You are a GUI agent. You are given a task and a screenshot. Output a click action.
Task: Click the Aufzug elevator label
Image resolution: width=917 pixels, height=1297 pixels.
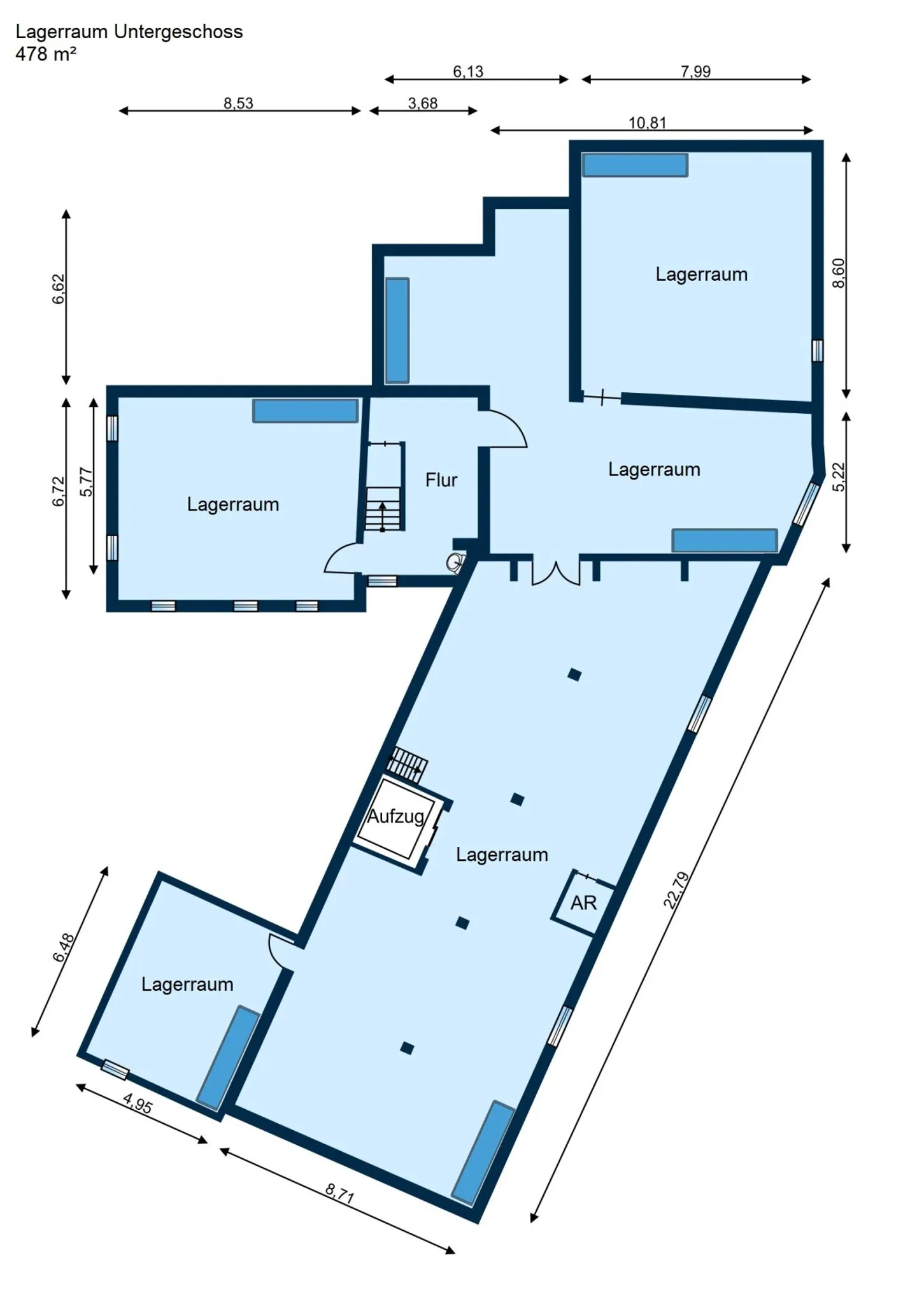[395, 817]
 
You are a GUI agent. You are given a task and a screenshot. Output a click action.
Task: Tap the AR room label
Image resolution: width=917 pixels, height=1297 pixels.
[583, 903]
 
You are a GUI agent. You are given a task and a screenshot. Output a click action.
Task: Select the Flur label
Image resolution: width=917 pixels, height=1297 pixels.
[441, 480]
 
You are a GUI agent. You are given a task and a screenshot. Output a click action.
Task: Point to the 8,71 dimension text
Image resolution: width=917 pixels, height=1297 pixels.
[339, 1193]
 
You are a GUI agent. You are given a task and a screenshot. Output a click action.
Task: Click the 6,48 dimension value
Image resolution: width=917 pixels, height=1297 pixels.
[64, 948]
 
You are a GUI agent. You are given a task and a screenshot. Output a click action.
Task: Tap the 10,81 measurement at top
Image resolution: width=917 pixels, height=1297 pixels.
[647, 122]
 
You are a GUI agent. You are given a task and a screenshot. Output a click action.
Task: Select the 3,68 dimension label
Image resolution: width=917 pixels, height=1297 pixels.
[423, 103]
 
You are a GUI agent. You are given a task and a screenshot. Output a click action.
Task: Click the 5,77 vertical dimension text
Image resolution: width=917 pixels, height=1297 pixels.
[86, 482]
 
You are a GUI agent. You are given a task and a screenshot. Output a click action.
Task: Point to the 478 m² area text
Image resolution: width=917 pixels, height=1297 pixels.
[46, 54]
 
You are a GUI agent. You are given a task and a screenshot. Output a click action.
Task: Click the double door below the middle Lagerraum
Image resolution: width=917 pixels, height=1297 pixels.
[556, 573]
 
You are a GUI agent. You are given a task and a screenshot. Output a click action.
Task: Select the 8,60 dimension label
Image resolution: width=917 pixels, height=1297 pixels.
[839, 273]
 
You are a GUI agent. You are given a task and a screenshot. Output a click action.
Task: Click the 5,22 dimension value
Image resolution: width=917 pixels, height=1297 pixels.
[839, 476]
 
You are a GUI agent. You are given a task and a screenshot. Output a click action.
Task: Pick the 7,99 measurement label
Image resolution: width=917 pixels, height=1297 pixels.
[695, 71]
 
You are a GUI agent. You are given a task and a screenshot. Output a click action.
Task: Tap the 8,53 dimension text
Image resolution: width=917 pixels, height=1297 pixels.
[238, 103]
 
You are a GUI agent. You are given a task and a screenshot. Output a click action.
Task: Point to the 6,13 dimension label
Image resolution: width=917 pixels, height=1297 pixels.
[468, 71]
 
